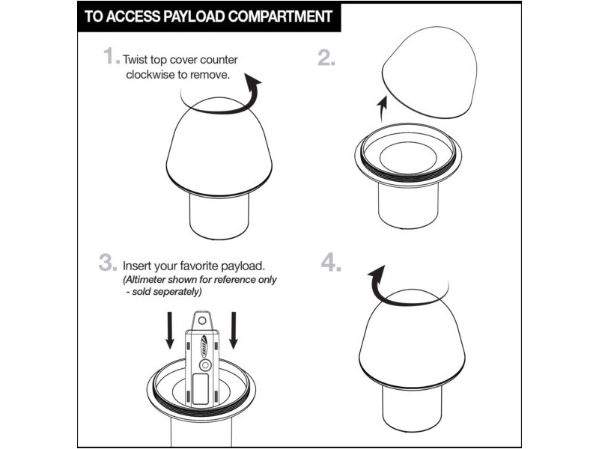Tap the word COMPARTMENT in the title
pos(280,16)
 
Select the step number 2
pos(326,58)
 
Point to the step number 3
pos(108,263)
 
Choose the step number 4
pos(331,263)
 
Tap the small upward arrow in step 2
pos(383,109)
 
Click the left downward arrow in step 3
pos(170,330)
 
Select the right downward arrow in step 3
pos(234,330)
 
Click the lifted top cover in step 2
pos(430,72)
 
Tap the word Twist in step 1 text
pos(135,60)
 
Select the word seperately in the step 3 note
pos(177,292)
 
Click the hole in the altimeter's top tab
pos(201,320)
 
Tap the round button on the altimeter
pos(205,365)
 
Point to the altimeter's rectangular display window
pos(200,388)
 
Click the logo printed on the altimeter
pos(204,346)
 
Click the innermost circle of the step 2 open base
pos(408,157)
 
